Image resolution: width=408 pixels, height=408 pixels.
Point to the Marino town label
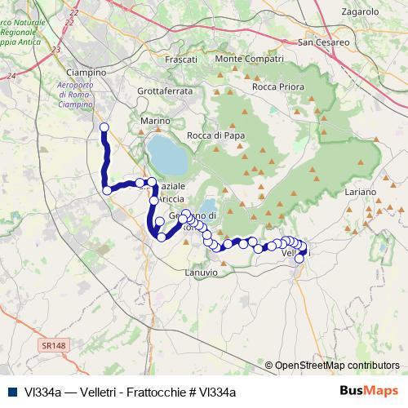point(155,121)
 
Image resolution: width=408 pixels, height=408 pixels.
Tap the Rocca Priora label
point(279,86)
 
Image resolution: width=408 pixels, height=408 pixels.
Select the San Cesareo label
point(324,42)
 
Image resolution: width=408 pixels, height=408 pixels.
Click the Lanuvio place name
point(201,271)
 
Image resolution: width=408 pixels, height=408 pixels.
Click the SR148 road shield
point(51,346)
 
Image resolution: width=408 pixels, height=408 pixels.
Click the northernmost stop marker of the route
point(104,126)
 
